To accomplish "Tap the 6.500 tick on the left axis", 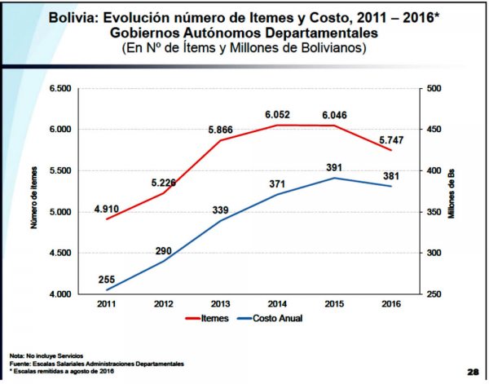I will [61, 88].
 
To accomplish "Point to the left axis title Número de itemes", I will [36, 192].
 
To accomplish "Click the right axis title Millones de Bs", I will [459, 192].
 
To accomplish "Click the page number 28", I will [473, 369].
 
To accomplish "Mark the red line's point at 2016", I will [392, 150].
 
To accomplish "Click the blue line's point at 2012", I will [164, 260].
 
